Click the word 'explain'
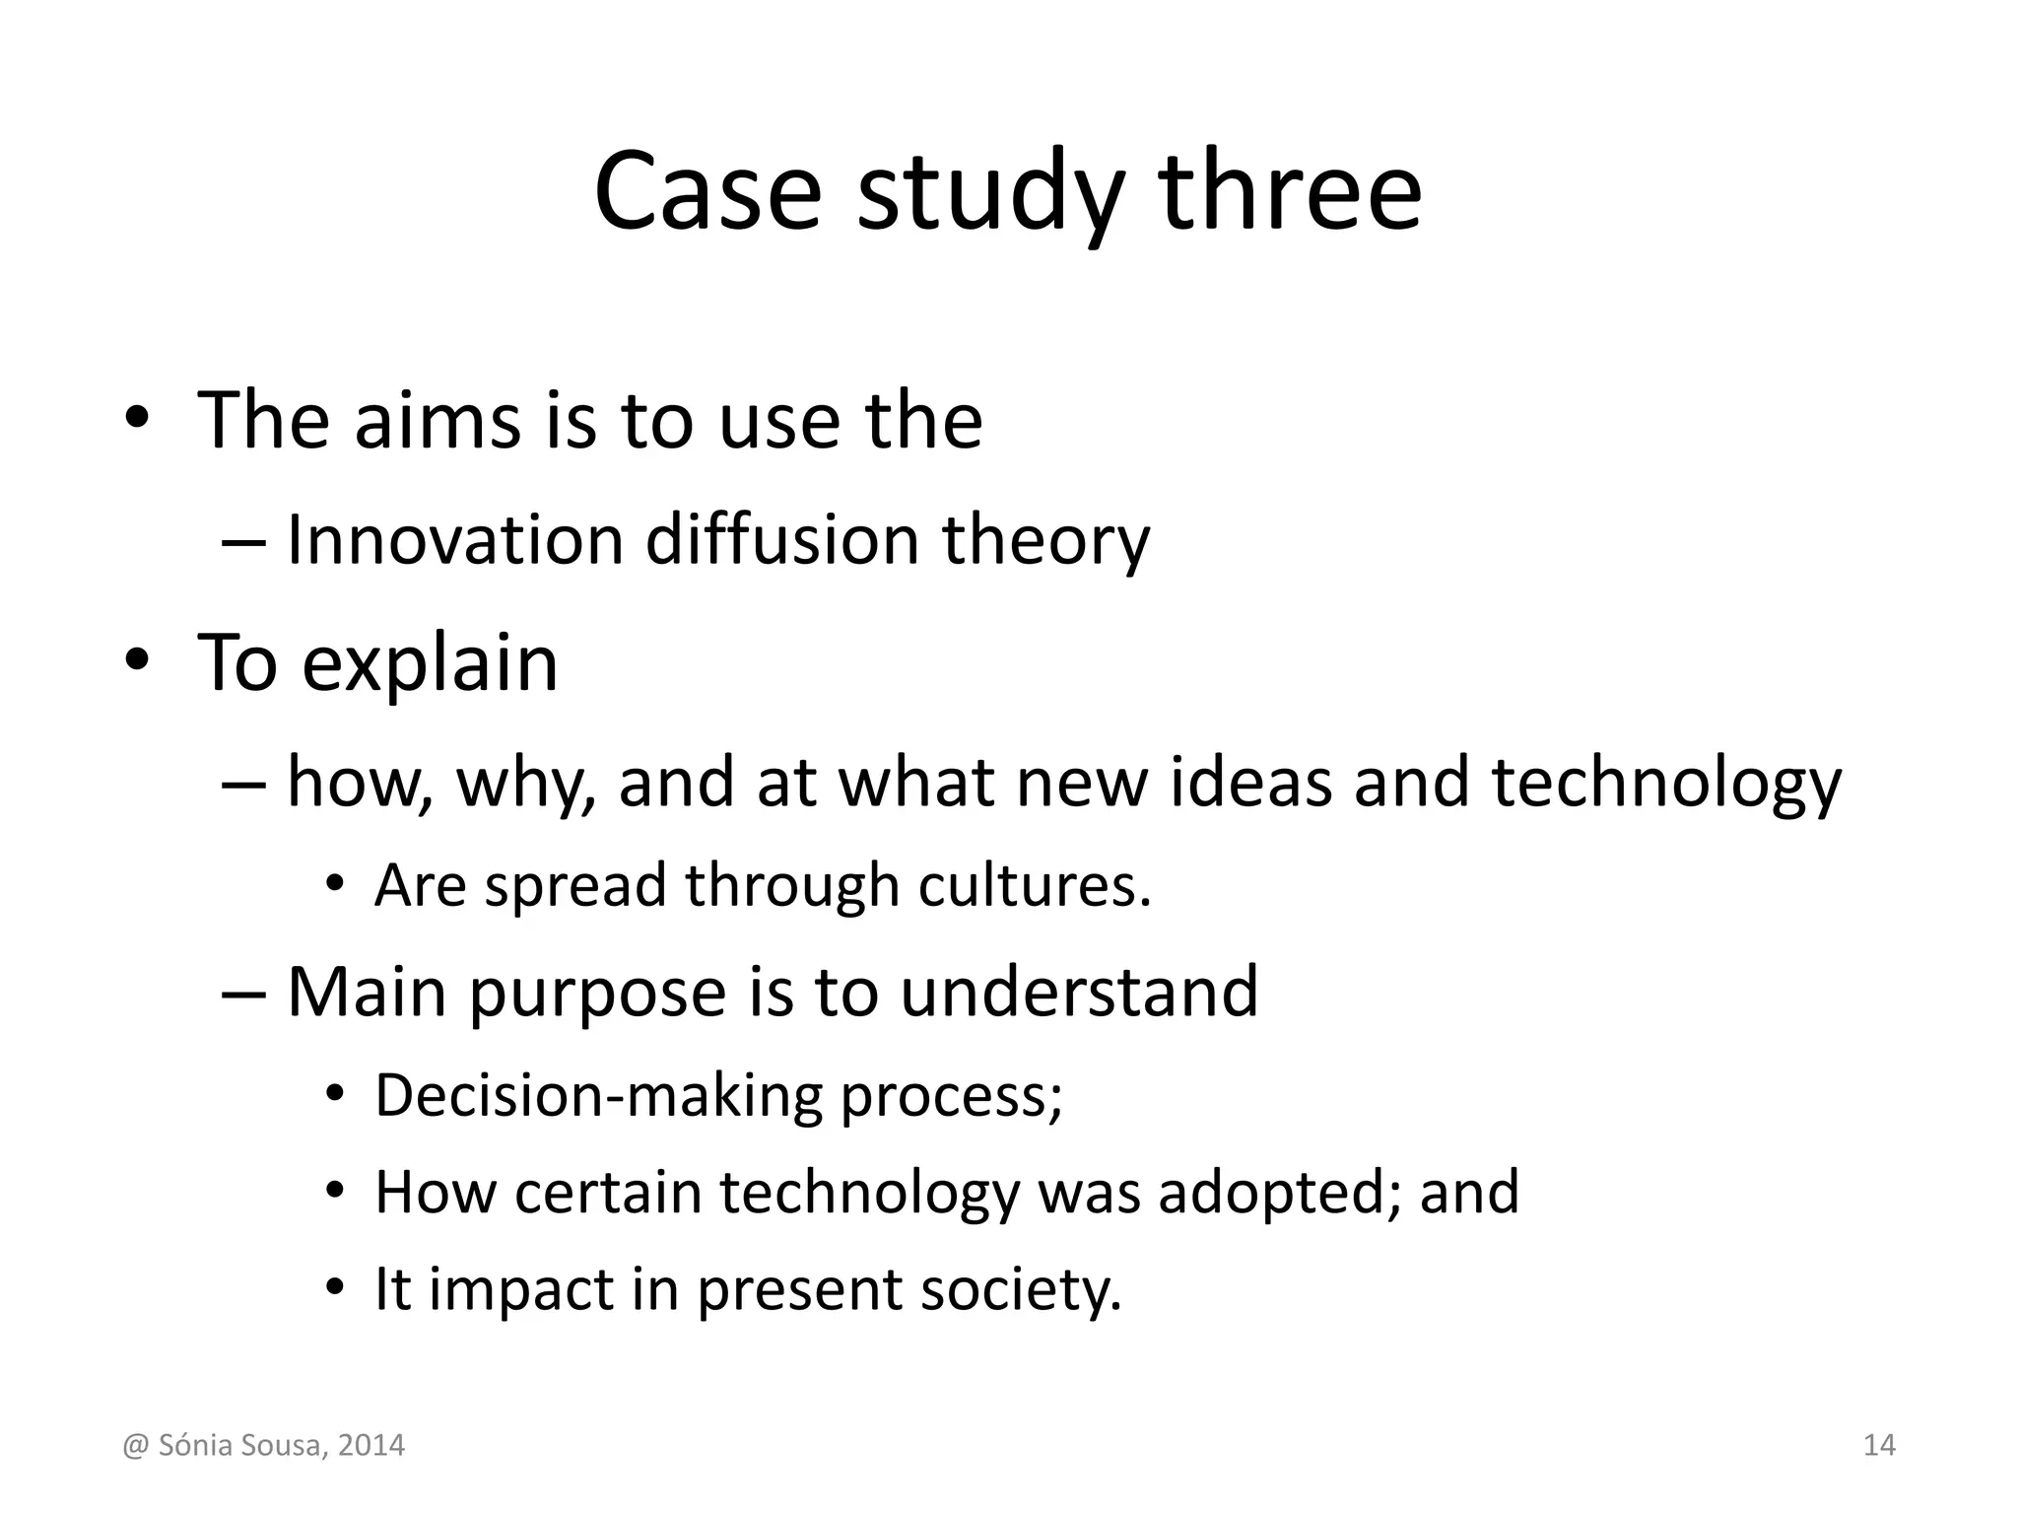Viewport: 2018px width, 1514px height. point(430,664)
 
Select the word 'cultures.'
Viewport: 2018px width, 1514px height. point(1035,885)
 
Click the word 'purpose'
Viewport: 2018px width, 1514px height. point(597,994)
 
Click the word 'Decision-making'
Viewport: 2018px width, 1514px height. point(598,1096)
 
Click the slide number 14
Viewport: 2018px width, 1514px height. point(1879,1445)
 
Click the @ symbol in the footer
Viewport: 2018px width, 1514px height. point(135,1446)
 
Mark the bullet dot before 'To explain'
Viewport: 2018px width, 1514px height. point(136,660)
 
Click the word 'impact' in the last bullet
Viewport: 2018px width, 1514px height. point(520,1290)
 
